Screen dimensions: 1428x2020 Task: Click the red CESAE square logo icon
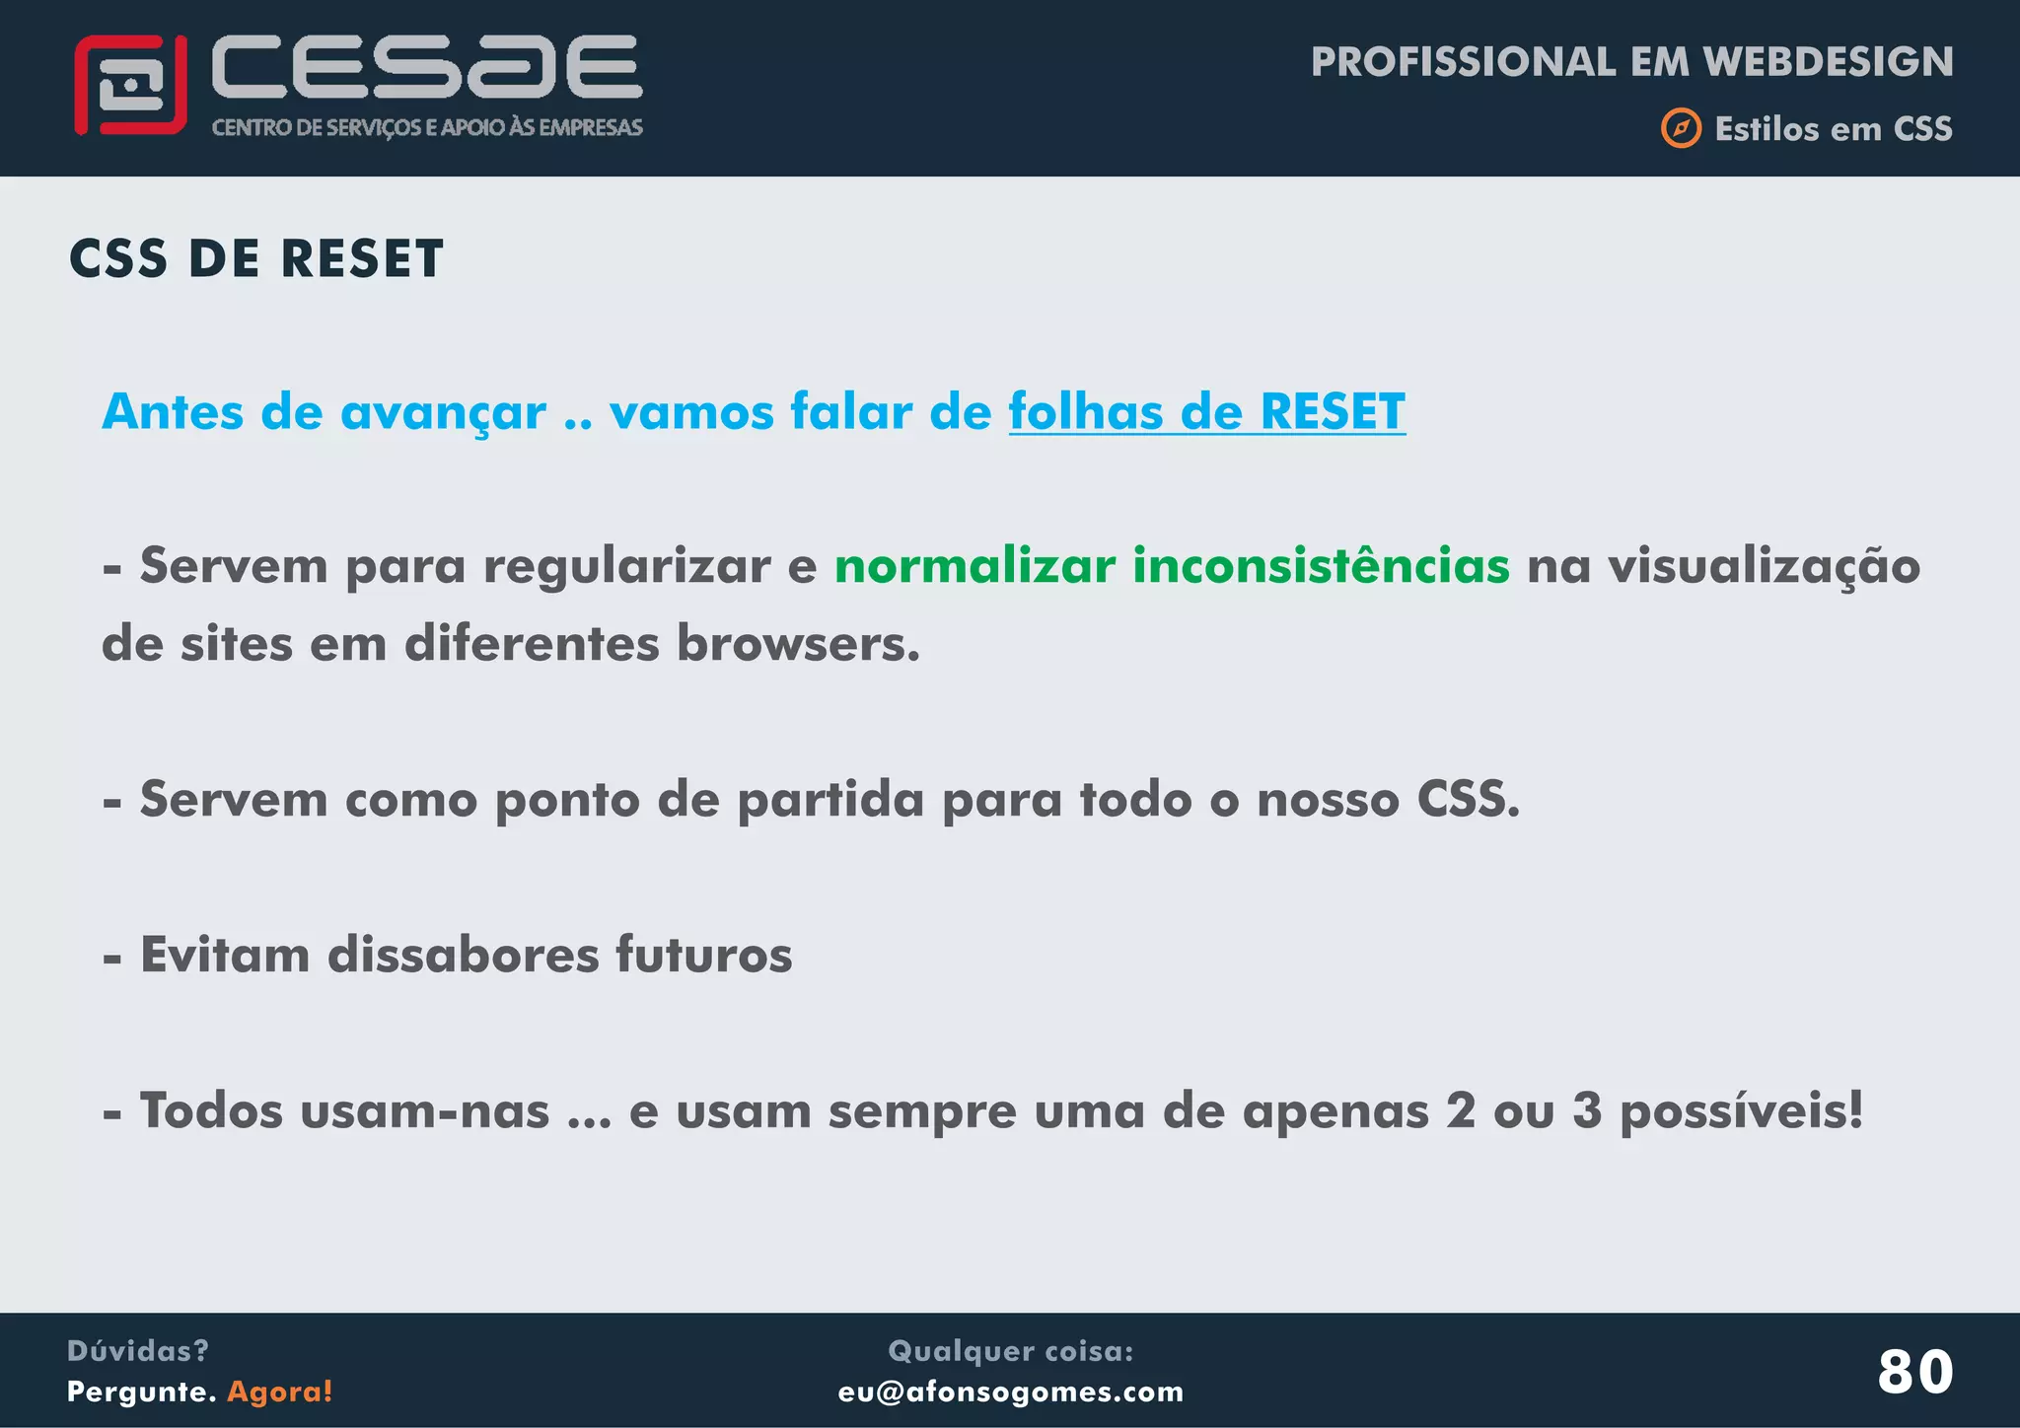click(130, 85)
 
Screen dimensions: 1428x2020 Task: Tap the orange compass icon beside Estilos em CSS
click(1681, 128)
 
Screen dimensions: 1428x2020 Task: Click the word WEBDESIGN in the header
click(1829, 62)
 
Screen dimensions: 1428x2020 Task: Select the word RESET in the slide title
click(362, 259)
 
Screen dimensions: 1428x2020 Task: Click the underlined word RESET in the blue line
click(1333, 411)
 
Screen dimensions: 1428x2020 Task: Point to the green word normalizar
click(974, 566)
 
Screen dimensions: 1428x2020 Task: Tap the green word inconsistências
click(1321, 566)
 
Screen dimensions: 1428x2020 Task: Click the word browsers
click(798, 644)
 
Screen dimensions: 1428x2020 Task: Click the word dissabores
click(463, 955)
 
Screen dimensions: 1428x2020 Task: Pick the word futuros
click(703, 955)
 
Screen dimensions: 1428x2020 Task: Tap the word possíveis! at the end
click(1742, 1111)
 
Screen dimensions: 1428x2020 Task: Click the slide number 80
click(1914, 1372)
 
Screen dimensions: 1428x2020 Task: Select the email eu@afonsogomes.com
click(1010, 1392)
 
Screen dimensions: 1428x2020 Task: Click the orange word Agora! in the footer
click(280, 1392)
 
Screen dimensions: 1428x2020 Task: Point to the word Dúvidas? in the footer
click(137, 1351)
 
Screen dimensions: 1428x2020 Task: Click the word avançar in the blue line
click(443, 412)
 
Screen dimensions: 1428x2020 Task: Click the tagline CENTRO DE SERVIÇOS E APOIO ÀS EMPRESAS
click(427, 127)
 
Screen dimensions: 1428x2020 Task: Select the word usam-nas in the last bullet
click(424, 1111)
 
